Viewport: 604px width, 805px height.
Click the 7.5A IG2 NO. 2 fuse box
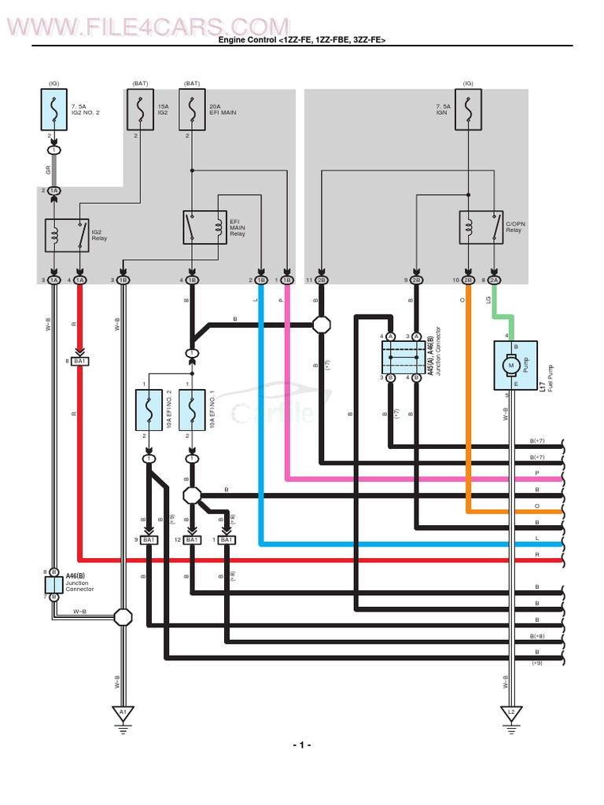(x=53, y=109)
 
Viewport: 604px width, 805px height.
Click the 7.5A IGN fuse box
(x=468, y=109)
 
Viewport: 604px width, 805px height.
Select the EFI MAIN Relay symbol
(x=204, y=227)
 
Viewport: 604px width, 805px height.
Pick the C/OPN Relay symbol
(x=481, y=227)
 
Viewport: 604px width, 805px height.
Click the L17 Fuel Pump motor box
(x=515, y=366)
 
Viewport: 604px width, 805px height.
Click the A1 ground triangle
(x=122, y=712)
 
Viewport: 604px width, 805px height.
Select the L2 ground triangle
(x=510, y=712)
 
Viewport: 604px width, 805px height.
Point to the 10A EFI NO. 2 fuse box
(x=148, y=411)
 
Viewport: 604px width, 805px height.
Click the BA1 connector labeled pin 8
(x=79, y=361)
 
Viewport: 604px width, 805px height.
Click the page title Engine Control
(x=301, y=40)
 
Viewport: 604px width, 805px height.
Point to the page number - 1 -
(x=301, y=744)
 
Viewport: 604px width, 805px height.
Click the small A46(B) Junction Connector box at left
(x=53, y=584)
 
